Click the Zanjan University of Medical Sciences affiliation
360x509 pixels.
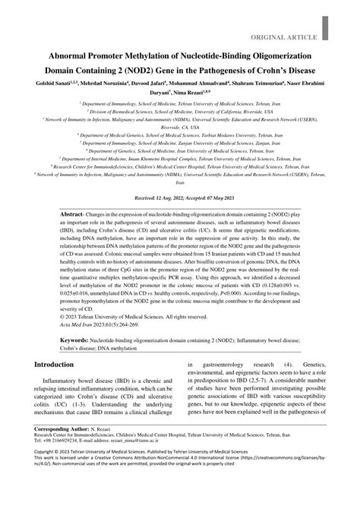[179, 142]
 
